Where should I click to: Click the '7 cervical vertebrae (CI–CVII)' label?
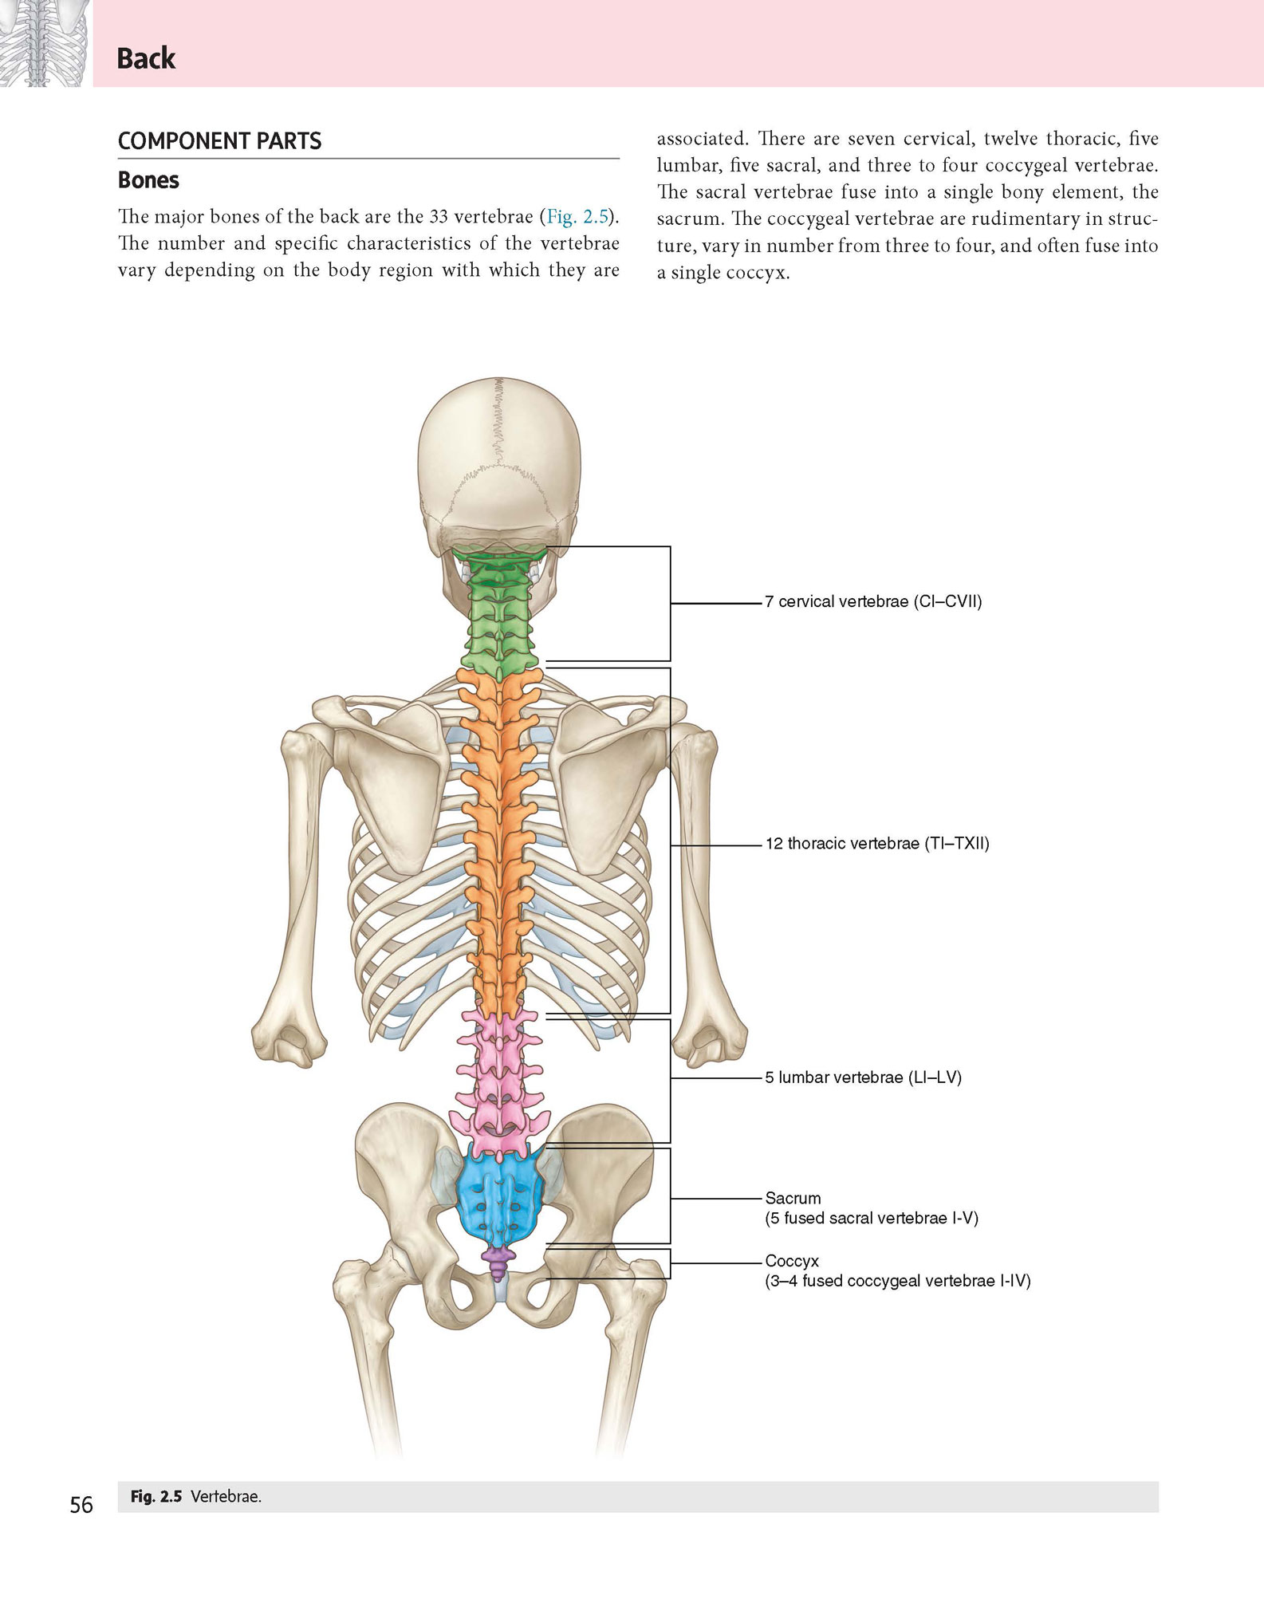873,602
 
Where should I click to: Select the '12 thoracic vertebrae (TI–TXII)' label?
877,844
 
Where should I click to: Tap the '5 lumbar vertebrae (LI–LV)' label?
864,1077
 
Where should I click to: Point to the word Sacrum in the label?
793,1198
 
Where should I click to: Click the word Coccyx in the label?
792,1261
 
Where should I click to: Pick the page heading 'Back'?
146,58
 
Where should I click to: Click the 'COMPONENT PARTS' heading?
219,141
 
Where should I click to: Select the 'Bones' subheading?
148,180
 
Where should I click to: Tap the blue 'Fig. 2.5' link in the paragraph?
577,216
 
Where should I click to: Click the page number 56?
81,1505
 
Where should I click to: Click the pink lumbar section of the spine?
500,1077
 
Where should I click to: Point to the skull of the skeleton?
499,463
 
